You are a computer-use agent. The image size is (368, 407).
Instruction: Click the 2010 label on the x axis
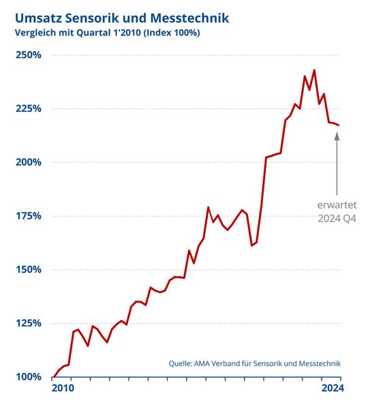(63, 389)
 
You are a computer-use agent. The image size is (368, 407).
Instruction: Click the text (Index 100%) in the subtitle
(174, 32)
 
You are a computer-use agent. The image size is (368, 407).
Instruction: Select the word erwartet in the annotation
(337, 205)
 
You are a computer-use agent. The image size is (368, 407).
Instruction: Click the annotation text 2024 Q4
(337, 219)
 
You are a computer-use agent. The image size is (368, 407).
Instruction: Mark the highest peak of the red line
(314, 70)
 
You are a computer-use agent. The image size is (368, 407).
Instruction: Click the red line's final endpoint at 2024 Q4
(339, 125)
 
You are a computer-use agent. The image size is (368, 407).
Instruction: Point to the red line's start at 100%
(53, 376)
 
